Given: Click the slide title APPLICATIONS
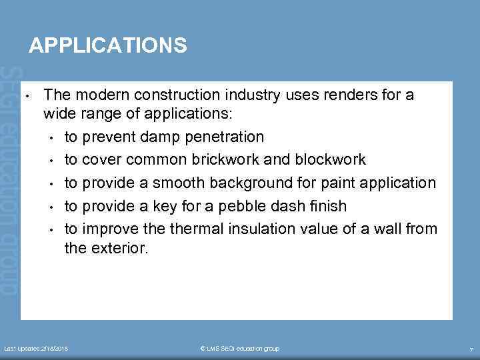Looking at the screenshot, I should pos(107,45).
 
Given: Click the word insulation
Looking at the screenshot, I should pos(269,229).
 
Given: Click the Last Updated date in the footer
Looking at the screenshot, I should pos(37,349).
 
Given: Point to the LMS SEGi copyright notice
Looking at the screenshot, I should pos(240,349).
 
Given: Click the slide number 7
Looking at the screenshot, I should pos(471,349).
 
